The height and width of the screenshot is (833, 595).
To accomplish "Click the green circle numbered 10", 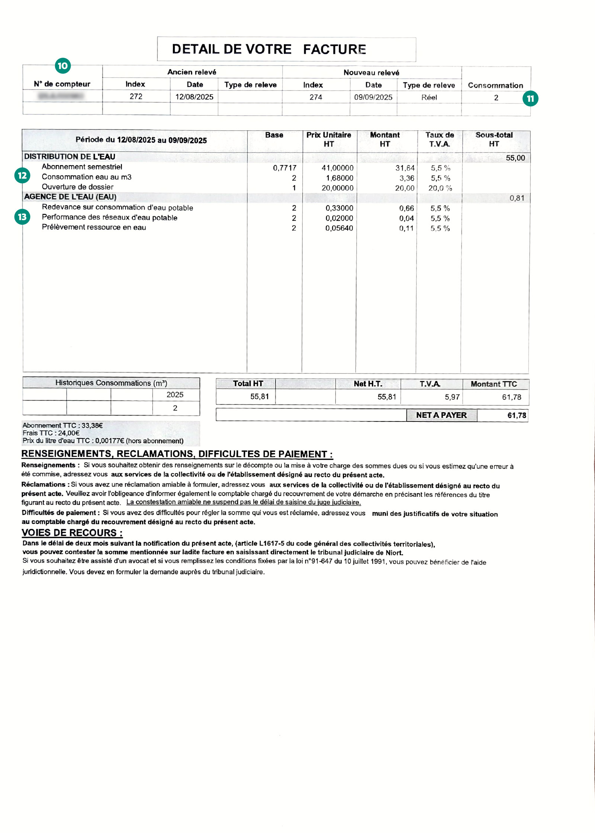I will pyautogui.click(x=63, y=66).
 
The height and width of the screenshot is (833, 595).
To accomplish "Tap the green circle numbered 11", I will pyautogui.click(x=530, y=99).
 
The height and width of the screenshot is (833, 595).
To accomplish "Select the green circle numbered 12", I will pyautogui.click(x=22, y=175).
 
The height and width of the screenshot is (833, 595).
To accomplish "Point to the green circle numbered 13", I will pyautogui.click(x=22, y=217).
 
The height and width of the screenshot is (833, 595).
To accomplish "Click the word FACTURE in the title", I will pyautogui.click(x=334, y=49).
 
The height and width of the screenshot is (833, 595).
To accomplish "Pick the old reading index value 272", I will pyautogui.click(x=136, y=96).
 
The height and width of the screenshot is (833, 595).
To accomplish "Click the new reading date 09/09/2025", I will pyautogui.click(x=373, y=97).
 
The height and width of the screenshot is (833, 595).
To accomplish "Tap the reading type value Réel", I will pyautogui.click(x=429, y=97).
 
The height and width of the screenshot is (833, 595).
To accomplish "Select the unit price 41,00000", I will pyautogui.click(x=337, y=168).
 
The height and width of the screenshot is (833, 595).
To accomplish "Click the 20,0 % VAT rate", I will pyautogui.click(x=440, y=188).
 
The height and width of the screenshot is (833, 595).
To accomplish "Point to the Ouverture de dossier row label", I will pyautogui.click(x=77, y=187).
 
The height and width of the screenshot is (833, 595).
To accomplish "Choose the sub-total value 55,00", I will pyautogui.click(x=515, y=158).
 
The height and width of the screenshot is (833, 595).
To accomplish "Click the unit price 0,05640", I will pyautogui.click(x=339, y=228).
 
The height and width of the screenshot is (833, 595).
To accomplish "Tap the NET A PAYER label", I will pyautogui.click(x=441, y=415).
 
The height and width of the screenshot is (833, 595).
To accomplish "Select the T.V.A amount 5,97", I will pyautogui.click(x=452, y=397).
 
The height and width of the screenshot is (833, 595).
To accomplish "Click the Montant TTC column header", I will pyautogui.click(x=493, y=384).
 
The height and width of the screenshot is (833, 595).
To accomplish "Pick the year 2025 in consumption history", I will pyautogui.click(x=175, y=395).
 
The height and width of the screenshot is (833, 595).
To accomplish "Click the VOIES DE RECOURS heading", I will pyautogui.click(x=72, y=533).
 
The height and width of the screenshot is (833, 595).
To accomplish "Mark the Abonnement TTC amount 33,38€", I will pyautogui.click(x=92, y=425).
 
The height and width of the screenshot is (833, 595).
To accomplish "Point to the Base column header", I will pyautogui.click(x=274, y=135).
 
